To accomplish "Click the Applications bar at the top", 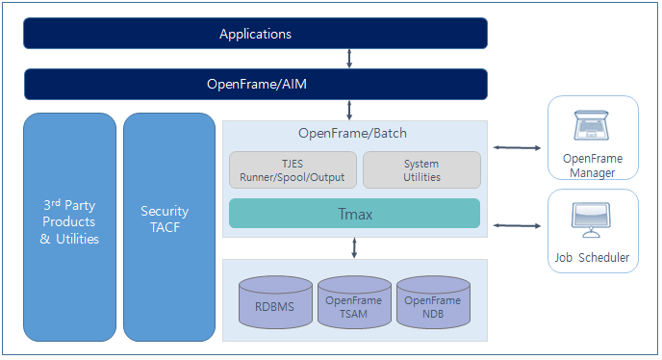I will tap(255, 34).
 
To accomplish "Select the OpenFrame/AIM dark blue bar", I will tap(255, 84).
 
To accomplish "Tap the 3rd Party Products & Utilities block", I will tap(69, 226).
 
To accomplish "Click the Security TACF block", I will tap(168, 226).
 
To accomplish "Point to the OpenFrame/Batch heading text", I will tap(354, 133).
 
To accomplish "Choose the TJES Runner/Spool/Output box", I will tap(293, 170).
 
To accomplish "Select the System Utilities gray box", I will tap(421, 170).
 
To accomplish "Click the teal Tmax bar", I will tap(354, 213).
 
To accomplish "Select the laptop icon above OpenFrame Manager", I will tap(592, 126).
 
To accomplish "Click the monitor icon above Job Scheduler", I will tap(592, 219).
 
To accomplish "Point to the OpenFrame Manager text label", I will tap(592, 166).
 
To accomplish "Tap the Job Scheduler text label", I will tap(592, 257).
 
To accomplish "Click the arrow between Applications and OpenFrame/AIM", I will tap(349, 59).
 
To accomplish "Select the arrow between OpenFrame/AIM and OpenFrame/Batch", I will tap(349, 110).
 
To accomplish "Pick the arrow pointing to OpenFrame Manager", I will tap(517, 147).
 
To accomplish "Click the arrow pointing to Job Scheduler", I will tap(517, 225).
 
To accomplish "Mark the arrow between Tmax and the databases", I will tap(355, 248).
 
